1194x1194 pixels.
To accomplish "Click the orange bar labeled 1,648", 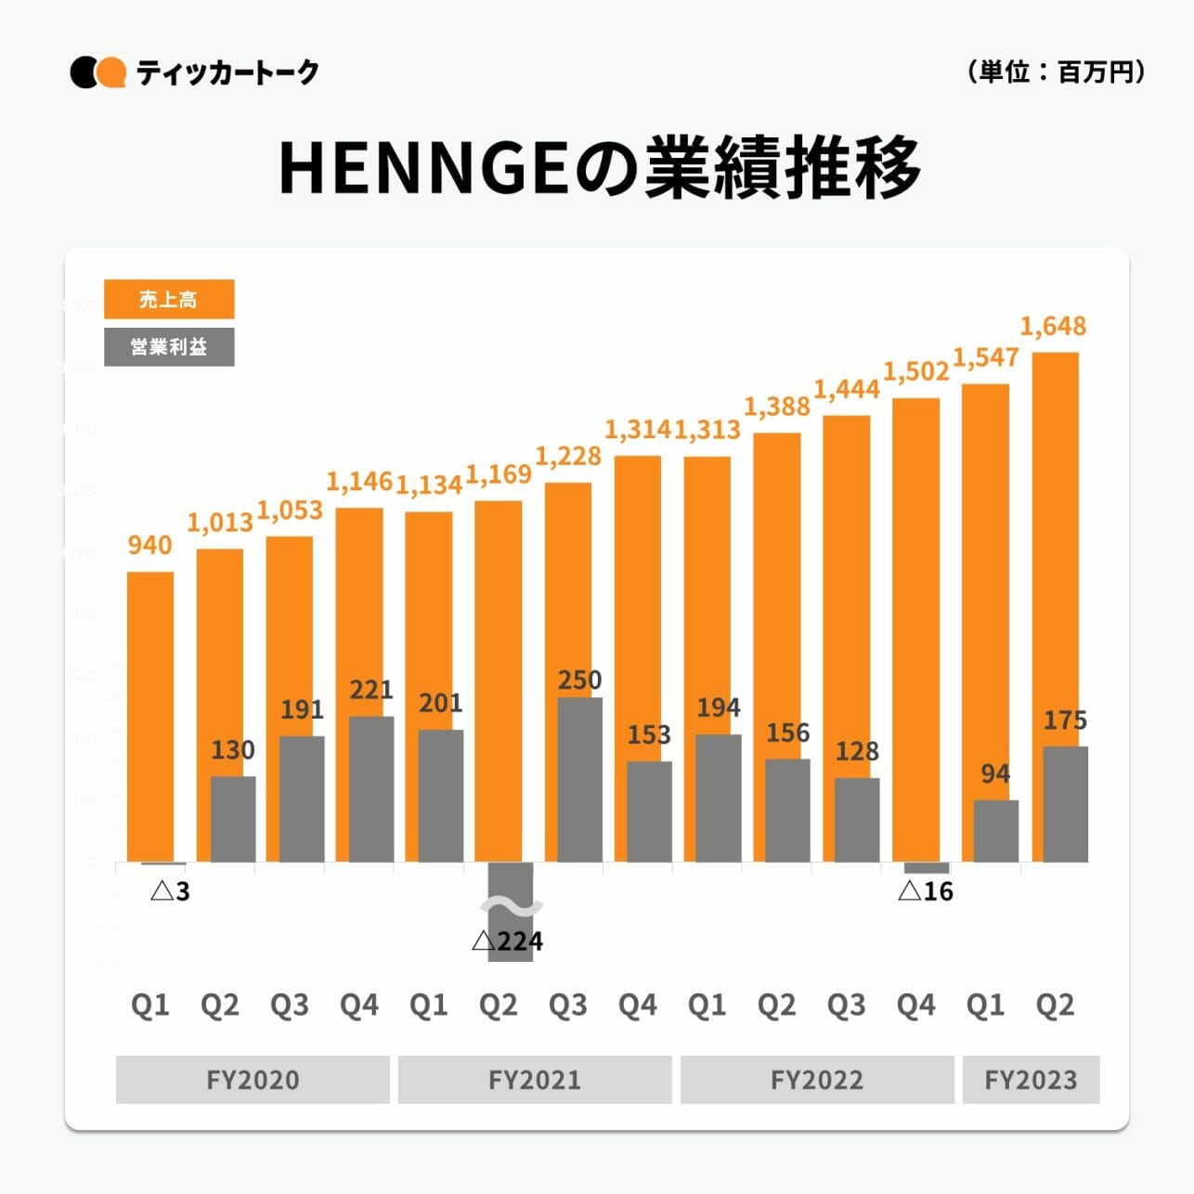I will click(1055, 548).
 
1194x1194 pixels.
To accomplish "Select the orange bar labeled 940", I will click(149, 715).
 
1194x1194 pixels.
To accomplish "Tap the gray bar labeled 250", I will click(579, 780).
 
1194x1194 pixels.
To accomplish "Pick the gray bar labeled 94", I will click(995, 831).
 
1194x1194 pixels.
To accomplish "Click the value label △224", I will click(507, 941).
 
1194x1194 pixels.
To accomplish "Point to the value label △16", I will click(926, 891).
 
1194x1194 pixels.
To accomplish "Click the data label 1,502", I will click(915, 371).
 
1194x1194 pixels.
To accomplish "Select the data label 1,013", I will click(220, 522).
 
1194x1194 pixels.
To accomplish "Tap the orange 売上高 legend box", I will click(169, 299).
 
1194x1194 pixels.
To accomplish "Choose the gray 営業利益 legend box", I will click(169, 347).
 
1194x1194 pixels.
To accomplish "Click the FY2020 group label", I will click(253, 1080).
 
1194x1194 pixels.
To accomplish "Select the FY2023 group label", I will click(1031, 1080).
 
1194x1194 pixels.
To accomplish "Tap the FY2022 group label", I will click(817, 1080).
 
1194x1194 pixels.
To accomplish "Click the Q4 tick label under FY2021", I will click(638, 1005).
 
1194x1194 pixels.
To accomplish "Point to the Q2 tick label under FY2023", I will click(1055, 1005).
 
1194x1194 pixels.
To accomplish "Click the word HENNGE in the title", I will click(423, 169).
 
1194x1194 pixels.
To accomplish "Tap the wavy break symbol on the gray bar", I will click(511, 905).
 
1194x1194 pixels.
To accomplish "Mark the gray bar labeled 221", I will click(370, 789).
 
